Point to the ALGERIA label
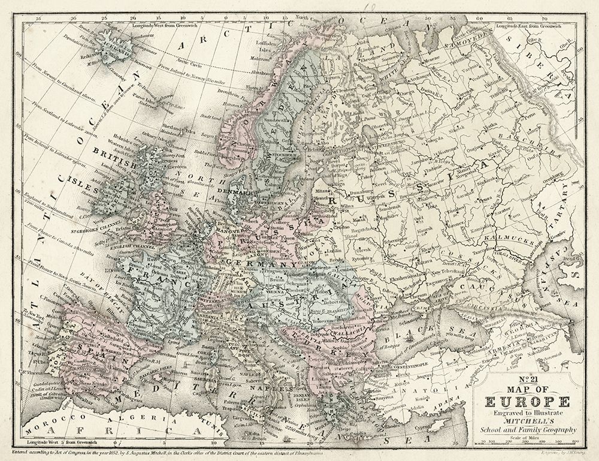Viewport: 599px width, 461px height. [x=123, y=417]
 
